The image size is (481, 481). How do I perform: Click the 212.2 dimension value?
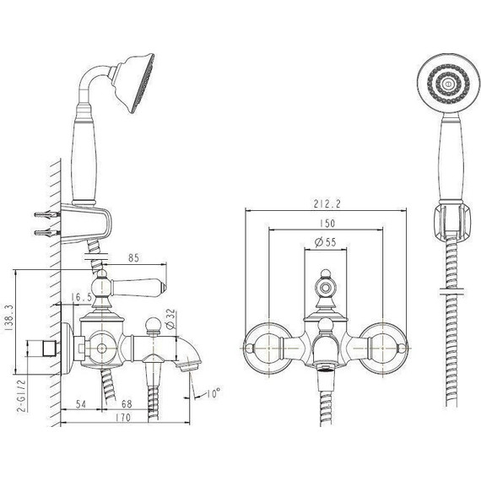coord(327,203)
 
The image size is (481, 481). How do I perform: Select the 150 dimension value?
coord(327,224)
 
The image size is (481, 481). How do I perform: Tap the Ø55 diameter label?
coord(326,242)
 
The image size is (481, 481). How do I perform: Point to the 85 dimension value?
coord(133,258)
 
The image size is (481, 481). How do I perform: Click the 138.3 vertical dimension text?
coord(9,317)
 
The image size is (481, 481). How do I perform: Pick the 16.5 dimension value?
coord(81,297)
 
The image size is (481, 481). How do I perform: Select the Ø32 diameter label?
coord(171,319)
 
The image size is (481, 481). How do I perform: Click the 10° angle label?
coord(213,393)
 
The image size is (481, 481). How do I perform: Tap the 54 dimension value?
coord(81,404)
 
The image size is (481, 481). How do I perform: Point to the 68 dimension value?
coord(127,404)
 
